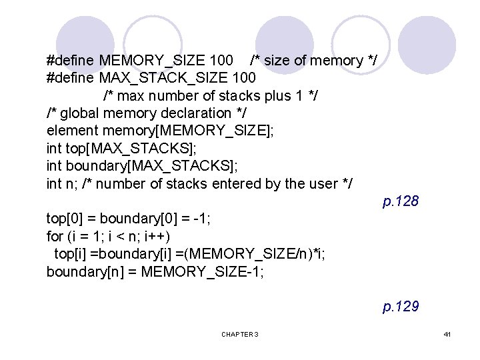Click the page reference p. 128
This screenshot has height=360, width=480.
[400, 201]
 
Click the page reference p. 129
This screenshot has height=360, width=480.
[400, 307]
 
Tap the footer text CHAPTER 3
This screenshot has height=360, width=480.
[240, 334]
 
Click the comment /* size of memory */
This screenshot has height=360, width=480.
[313, 61]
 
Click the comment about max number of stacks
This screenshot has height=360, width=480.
[211, 95]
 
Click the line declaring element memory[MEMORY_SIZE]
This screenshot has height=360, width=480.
[160, 131]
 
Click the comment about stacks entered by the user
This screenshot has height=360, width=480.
[217, 183]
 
